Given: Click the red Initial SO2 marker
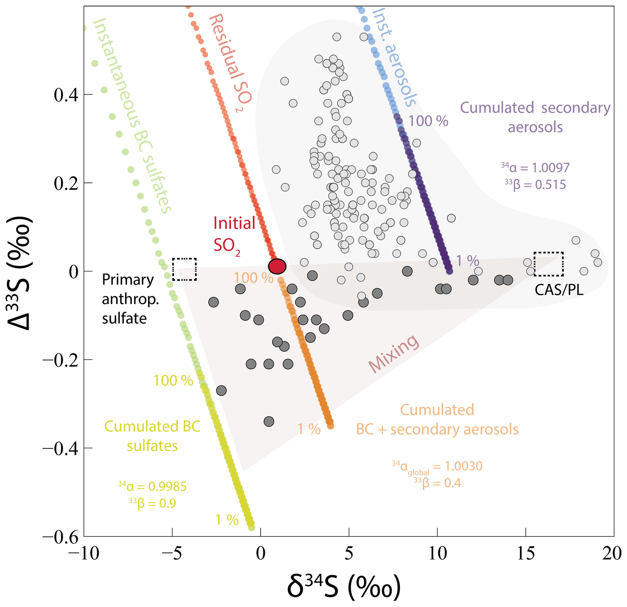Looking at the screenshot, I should click(x=277, y=266).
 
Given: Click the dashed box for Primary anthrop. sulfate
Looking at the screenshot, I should click(x=184, y=269).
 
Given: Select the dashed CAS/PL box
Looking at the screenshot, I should click(x=548, y=264).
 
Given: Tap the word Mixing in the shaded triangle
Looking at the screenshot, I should click(x=393, y=354).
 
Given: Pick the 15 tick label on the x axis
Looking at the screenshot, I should click(x=526, y=553).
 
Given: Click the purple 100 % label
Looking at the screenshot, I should click(x=428, y=121).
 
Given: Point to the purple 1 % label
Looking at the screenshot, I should click(x=467, y=261).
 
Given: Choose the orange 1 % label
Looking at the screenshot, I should click(x=309, y=429).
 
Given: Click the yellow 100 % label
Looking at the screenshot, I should click(x=173, y=381).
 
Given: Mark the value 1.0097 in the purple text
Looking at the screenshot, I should click(x=551, y=168).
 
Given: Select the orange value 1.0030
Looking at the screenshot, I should click(x=464, y=466).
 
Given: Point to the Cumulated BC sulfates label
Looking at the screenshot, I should click(x=152, y=436).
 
